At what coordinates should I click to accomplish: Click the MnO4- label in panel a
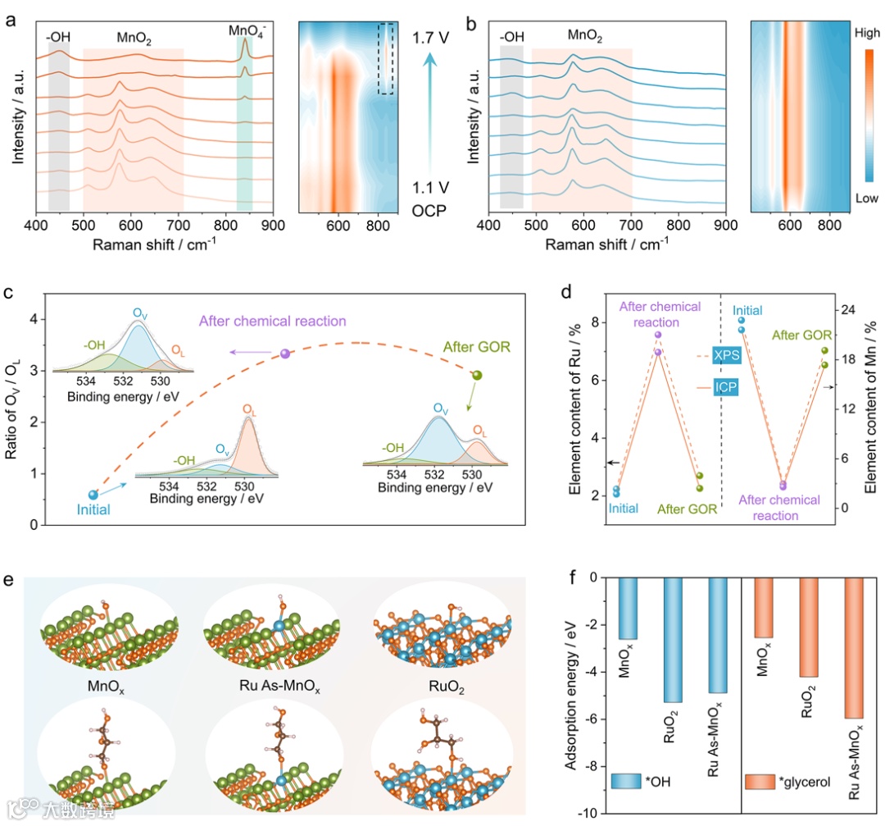244,31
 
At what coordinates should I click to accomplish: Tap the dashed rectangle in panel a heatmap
386,58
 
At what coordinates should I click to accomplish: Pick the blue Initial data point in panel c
93,495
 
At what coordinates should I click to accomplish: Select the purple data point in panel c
285,354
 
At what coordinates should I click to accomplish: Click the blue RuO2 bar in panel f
674,640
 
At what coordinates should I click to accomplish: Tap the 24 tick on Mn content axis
846,310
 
